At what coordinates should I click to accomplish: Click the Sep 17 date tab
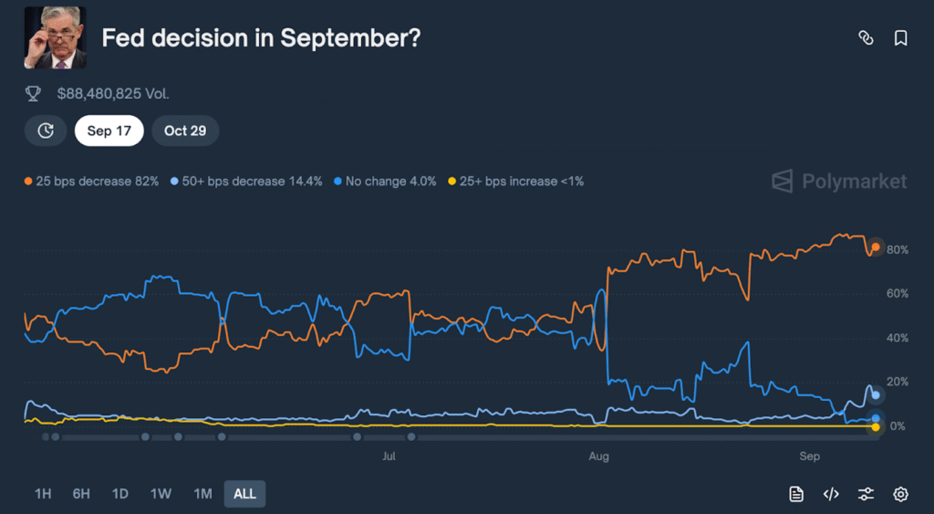[109, 131]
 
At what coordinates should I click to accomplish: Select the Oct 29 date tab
[185, 131]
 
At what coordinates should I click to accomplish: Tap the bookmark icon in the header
[900, 37]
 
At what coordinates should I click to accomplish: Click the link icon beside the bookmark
[866, 37]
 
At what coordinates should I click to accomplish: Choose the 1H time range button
[43, 494]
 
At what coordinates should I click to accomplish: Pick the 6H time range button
[81, 494]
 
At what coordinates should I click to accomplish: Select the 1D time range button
[119, 494]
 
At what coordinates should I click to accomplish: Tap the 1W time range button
[161, 494]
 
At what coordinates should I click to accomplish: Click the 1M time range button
[202, 494]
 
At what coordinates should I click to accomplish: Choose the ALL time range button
[244, 494]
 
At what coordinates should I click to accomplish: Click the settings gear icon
[900, 494]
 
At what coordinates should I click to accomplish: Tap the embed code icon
[831, 494]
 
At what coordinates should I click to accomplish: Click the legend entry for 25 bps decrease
[92, 181]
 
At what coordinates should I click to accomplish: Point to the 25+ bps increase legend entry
[516, 181]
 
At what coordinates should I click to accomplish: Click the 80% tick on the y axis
[897, 250]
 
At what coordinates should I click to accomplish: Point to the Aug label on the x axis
[598, 455]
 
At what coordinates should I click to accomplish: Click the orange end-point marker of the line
[876, 247]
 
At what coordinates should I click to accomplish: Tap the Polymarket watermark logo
[839, 181]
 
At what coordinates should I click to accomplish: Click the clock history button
[46, 131]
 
